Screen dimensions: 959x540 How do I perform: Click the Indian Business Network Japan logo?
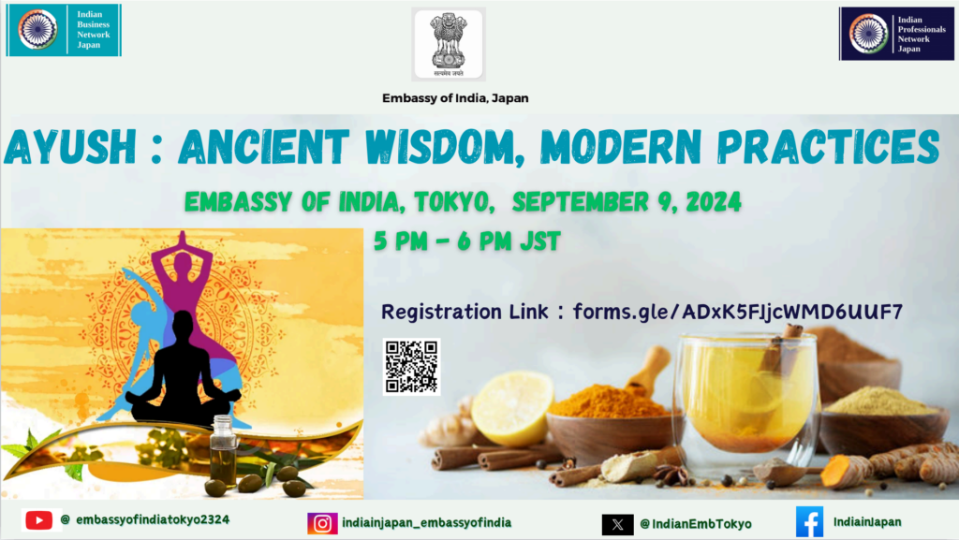pos(64,30)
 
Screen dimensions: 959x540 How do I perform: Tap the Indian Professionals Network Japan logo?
pos(896,34)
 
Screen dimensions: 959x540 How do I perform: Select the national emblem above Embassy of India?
pos(449,44)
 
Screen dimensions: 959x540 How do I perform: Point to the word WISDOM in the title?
pos(445,147)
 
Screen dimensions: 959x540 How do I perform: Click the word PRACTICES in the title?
pos(828,147)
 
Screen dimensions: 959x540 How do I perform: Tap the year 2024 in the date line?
pos(714,202)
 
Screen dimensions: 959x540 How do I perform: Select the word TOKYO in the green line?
pos(454,202)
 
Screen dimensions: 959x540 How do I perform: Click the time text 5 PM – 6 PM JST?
pos(467,241)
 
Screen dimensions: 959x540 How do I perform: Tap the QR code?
pos(411,367)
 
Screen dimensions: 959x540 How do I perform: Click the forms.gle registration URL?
pos(738,313)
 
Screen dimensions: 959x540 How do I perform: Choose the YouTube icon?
pos(39,520)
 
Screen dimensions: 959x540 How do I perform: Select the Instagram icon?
pos(322,523)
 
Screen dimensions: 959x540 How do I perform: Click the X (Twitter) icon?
pos(618,524)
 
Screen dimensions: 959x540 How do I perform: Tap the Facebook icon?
pos(809,522)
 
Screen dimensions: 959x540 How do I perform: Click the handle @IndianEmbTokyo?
pos(696,524)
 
